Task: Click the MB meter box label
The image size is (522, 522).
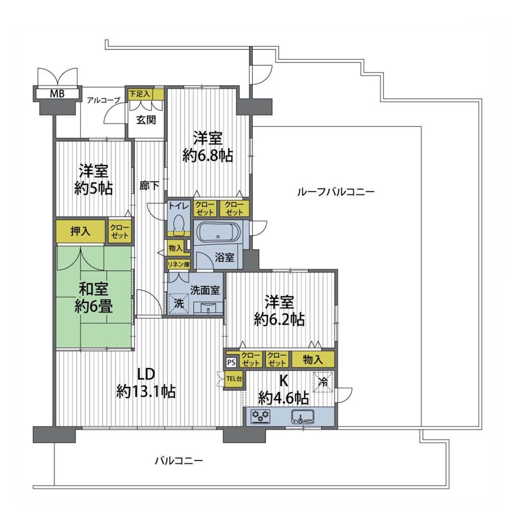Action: pos(57,94)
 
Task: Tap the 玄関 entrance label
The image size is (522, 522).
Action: pos(146,119)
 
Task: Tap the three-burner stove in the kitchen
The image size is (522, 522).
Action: pos(260,416)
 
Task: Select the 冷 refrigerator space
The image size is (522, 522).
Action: pos(323,382)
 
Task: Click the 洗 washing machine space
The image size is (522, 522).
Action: pos(179,303)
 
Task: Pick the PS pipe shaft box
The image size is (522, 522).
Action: pos(231,362)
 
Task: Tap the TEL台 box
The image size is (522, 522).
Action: pos(234,379)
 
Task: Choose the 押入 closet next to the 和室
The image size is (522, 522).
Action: pos(80,231)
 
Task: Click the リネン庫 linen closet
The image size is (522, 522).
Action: pos(178,265)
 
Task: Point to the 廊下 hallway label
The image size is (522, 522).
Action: pos(149,186)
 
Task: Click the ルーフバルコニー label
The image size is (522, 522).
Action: pos(336,192)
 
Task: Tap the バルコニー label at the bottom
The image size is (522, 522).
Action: pos(179,461)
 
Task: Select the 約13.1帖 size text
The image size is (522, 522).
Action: pos(146,391)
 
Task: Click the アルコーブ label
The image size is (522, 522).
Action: pos(103,100)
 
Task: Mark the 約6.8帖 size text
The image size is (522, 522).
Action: pos(208,155)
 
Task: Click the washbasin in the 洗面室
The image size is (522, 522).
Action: pos(208,307)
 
